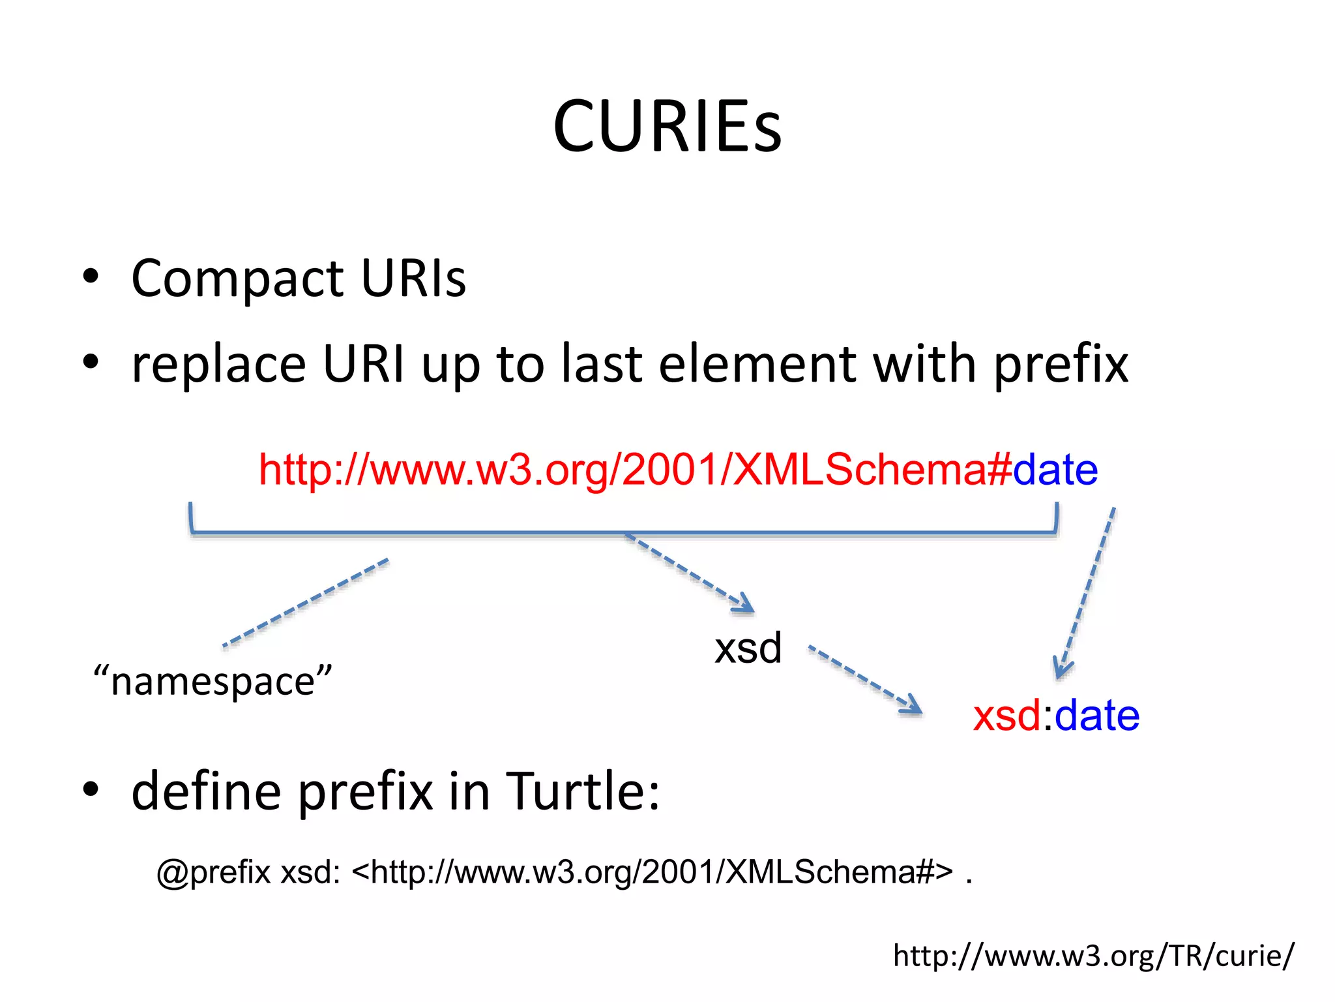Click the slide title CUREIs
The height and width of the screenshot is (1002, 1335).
(x=667, y=127)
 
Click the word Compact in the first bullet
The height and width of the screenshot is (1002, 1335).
(x=237, y=279)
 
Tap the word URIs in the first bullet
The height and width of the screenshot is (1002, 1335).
(x=413, y=279)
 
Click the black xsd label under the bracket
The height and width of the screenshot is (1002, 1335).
(x=748, y=648)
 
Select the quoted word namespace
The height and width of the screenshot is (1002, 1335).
(x=213, y=682)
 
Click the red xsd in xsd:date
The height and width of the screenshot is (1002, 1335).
(x=1006, y=716)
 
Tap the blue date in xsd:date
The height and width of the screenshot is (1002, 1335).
(x=1097, y=716)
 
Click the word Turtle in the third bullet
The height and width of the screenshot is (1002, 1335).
(x=582, y=791)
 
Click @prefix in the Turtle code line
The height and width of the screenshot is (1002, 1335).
(x=213, y=872)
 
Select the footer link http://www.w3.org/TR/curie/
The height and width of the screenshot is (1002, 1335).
(x=1093, y=956)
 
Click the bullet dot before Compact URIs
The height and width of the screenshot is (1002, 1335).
(x=91, y=277)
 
